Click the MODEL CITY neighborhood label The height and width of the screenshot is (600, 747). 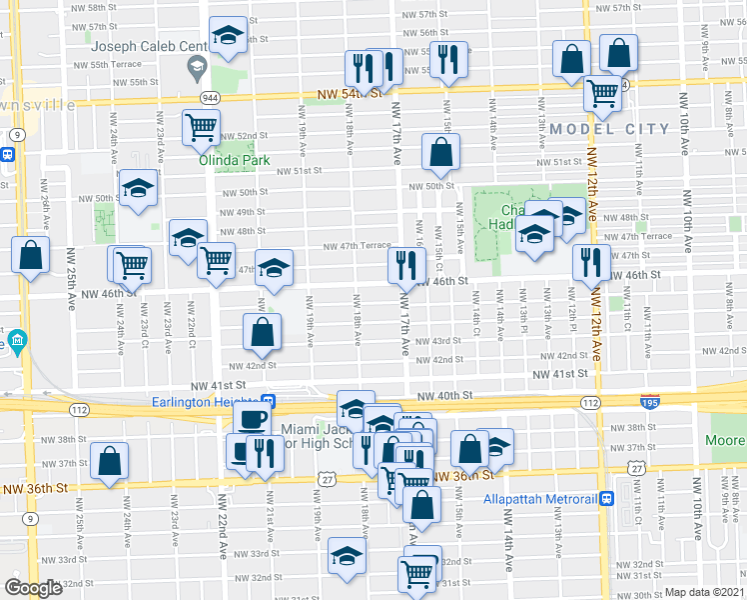click(x=609, y=129)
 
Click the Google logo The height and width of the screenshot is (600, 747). click(x=33, y=588)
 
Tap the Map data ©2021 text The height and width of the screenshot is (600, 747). click(x=703, y=592)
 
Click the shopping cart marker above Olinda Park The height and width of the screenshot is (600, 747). click(x=202, y=127)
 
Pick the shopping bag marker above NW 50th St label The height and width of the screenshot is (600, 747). click(x=439, y=153)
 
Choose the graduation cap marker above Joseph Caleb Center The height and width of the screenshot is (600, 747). click(x=229, y=35)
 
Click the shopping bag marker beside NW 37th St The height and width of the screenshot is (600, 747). click(x=109, y=460)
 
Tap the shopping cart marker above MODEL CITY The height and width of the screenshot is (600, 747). click(x=603, y=94)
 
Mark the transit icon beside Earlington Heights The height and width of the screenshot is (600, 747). click(x=282, y=403)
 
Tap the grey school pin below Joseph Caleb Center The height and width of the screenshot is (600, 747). click(x=195, y=69)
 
